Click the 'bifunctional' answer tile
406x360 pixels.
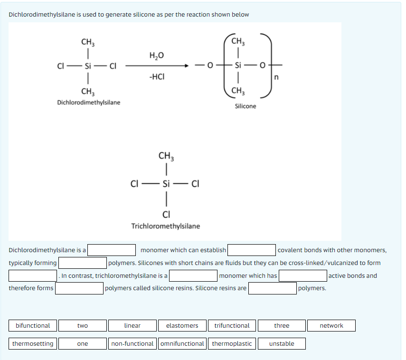click(33, 326)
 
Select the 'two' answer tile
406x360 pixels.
click(83, 326)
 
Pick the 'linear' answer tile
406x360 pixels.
click(132, 326)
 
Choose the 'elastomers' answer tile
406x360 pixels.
click(182, 326)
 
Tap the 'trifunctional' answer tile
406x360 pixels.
click(232, 326)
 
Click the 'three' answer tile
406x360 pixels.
click(282, 326)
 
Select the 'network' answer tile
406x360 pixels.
click(331, 326)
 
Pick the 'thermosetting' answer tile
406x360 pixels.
click(33, 343)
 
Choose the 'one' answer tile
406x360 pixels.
click(83, 343)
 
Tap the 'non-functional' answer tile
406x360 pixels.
click(132, 343)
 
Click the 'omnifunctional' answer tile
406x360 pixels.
click(182, 343)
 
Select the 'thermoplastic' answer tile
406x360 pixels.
click(232, 343)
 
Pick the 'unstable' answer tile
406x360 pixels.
click(282, 343)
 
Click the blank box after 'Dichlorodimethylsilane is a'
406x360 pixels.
click(112, 250)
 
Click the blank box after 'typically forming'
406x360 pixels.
click(83, 263)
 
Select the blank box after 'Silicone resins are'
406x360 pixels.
click(273, 288)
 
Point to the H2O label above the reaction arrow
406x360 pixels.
click(156, 56)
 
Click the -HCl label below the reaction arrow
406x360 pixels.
click(157, 76)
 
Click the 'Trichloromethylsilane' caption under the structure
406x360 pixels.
click(166, 226)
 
